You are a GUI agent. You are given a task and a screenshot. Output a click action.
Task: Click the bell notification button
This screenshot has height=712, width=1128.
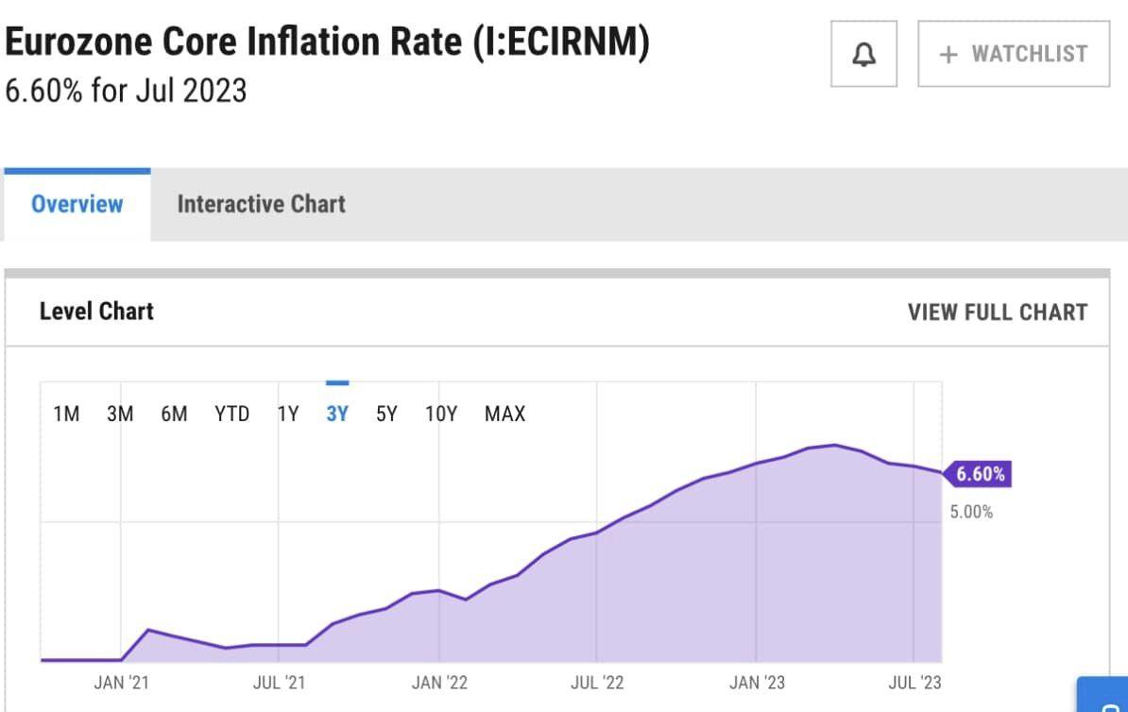click(x=863, y=55)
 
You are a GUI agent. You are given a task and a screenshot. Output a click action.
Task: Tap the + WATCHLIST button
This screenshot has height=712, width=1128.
click(x=1013, y=55)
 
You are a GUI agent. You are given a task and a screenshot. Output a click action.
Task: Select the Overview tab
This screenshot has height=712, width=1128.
click(x=77, y=204)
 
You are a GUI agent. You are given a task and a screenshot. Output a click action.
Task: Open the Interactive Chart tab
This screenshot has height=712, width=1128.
click(x=261, y=204)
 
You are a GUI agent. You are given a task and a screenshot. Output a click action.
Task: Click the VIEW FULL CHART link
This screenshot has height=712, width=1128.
click(x=997, y=313)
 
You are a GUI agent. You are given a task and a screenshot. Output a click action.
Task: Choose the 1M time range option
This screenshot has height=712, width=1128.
click(x=66, y=414)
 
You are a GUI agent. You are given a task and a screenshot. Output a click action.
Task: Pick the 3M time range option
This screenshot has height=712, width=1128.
click(x=120, y=414)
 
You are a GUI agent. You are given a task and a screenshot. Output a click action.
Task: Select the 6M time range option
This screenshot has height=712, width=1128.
click(x=174, y=414)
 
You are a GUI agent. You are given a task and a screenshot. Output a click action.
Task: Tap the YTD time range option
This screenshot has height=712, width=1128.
click(x=231, y=414)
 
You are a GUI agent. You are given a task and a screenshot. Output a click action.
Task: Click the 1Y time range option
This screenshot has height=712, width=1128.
click(x=288, y=414)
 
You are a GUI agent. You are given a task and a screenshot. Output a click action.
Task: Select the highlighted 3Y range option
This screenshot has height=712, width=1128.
click(x=337, y=414)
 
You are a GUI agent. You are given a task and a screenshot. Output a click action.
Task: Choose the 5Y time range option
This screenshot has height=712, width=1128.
click(x=386, y=414)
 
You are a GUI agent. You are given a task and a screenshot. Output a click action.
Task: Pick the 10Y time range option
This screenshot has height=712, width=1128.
click(x=441, y=414)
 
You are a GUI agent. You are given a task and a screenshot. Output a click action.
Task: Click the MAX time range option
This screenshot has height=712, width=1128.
click(x=504, y=414)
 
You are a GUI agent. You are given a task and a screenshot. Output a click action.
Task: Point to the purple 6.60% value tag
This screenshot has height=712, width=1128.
click(x=979, y=474)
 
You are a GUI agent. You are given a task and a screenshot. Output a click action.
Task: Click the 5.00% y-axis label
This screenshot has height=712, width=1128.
click(x=971, y=513)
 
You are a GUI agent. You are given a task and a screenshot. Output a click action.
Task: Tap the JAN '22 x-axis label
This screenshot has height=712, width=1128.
click(x=439, y=683)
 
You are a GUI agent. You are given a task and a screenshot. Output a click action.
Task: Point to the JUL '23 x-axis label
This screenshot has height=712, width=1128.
click(x=914, y=683)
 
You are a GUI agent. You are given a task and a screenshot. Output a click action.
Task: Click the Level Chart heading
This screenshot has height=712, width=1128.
click(x=96, y=312)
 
